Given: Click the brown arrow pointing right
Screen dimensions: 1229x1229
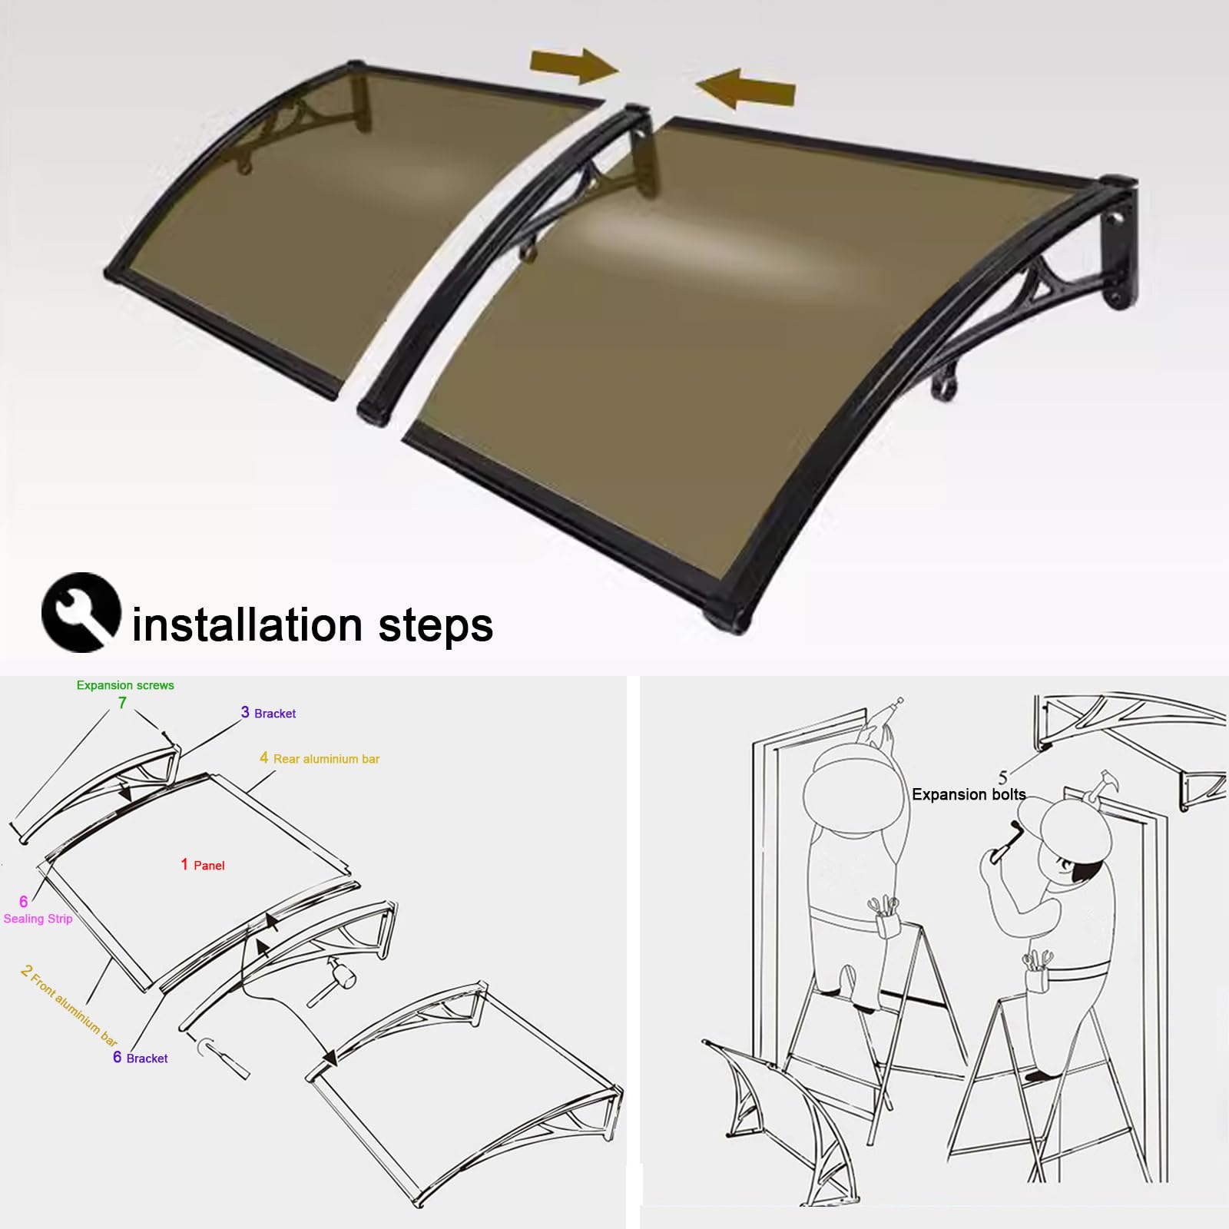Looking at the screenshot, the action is point(574,66).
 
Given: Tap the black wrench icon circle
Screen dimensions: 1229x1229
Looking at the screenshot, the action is point(81,612).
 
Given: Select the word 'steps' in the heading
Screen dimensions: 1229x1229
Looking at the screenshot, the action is point(436,627).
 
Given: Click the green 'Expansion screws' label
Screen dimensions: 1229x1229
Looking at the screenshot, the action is point(125,685).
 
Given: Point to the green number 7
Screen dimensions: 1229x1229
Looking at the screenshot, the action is point(122,703).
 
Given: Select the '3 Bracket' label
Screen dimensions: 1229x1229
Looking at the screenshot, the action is point(268,713).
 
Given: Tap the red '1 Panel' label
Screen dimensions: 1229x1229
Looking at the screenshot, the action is point(203,865).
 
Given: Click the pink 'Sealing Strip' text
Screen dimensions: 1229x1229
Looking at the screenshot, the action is point(38,919).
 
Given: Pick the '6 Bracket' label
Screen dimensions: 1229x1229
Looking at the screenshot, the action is point(141,1058).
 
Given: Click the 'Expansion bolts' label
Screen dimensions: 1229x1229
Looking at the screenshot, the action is point(969,794).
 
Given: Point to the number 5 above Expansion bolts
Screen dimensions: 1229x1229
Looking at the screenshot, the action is point(1002,777).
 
